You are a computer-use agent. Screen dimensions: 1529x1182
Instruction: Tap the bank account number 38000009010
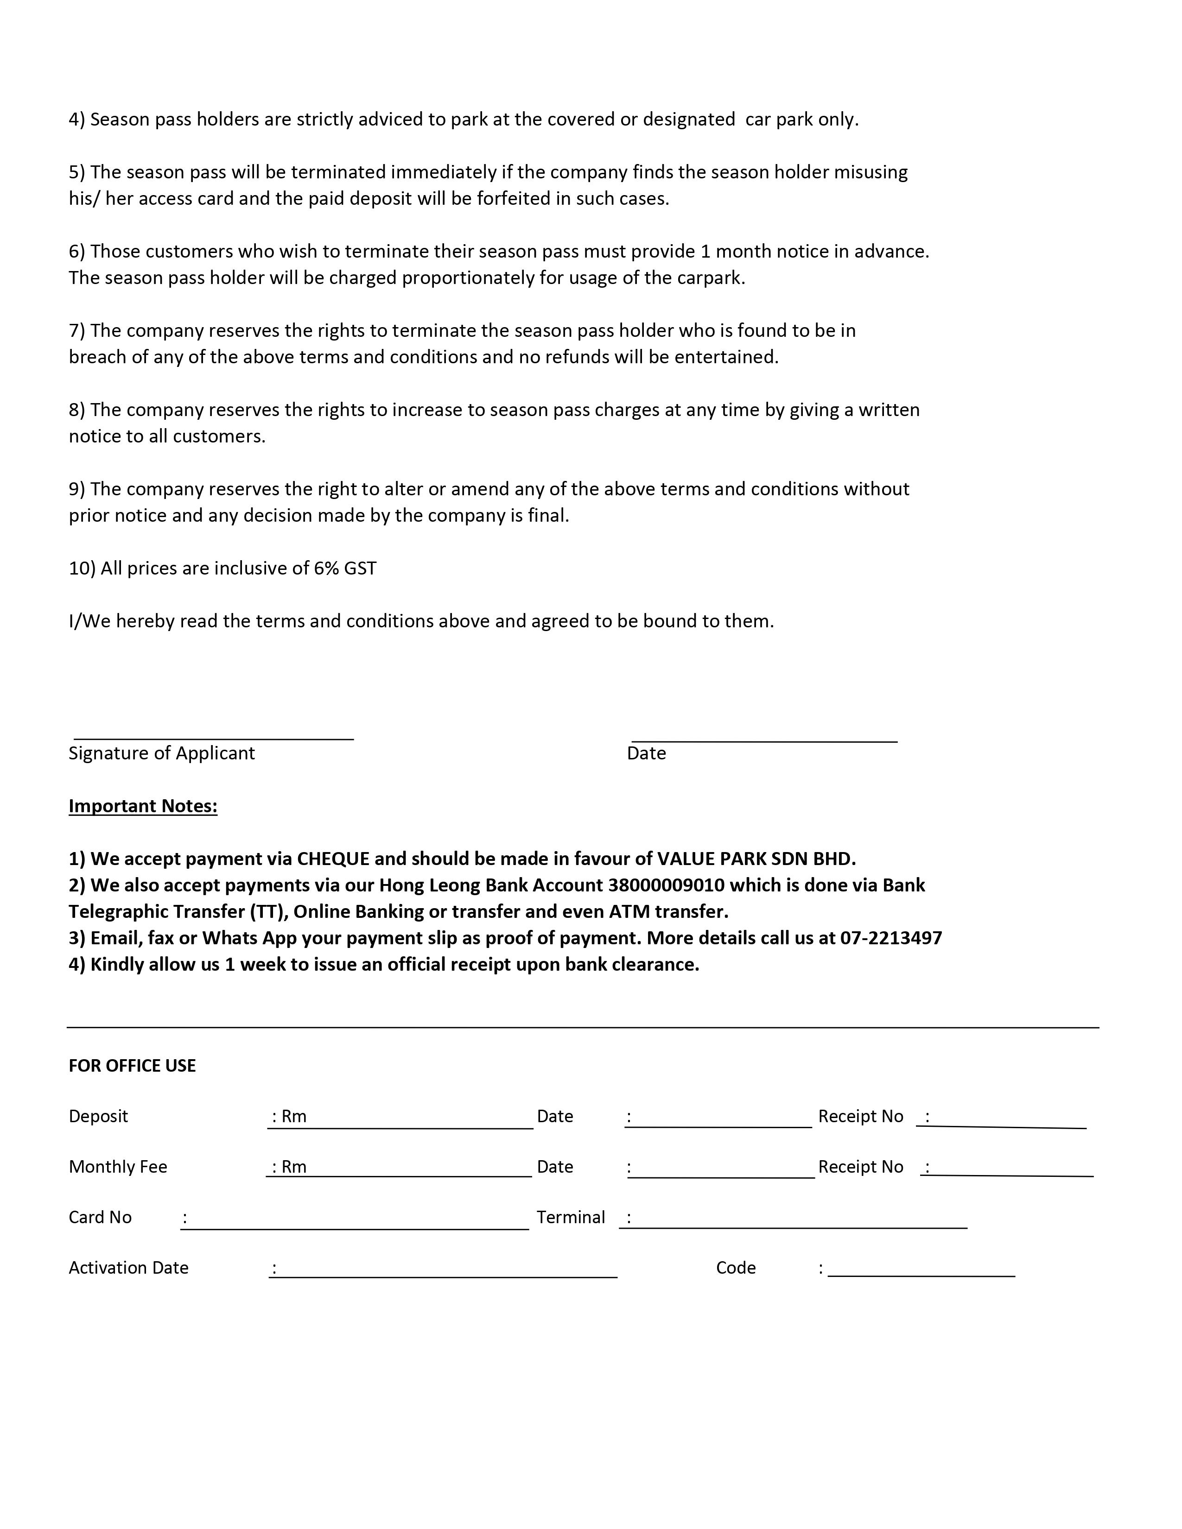(666, 885)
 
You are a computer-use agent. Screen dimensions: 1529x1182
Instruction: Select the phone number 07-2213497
(891, 938)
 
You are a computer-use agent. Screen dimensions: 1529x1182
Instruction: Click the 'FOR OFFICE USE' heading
(133, 1066)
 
